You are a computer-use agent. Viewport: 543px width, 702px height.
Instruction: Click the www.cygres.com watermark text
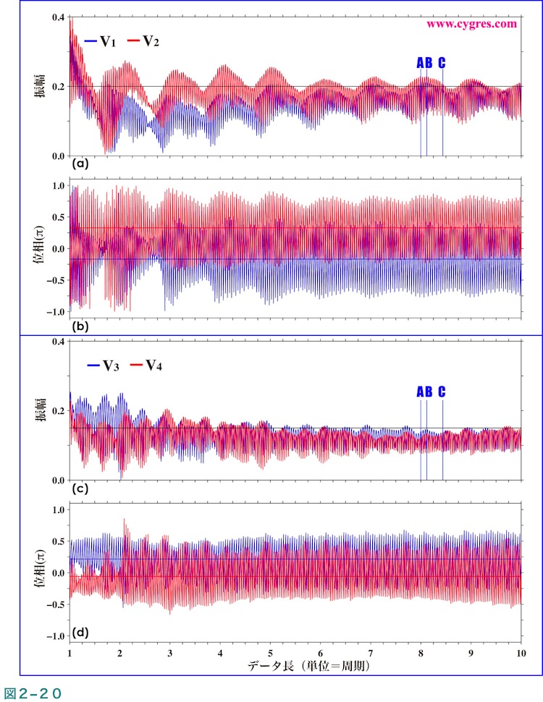tap(471, 23)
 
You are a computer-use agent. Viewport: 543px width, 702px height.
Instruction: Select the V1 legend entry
tap(101, 41)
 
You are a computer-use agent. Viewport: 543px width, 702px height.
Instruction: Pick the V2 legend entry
tap(143, 41)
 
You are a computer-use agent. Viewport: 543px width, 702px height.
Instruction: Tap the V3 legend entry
tap(103, 365)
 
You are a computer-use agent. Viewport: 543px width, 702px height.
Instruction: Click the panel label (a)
tap(80, 164)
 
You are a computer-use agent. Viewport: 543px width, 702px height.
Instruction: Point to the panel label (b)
tap(80, 326)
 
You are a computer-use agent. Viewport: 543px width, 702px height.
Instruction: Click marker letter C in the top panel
tap(442, 63)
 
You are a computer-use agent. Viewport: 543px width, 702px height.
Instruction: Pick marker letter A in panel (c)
tap(420, 392)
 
